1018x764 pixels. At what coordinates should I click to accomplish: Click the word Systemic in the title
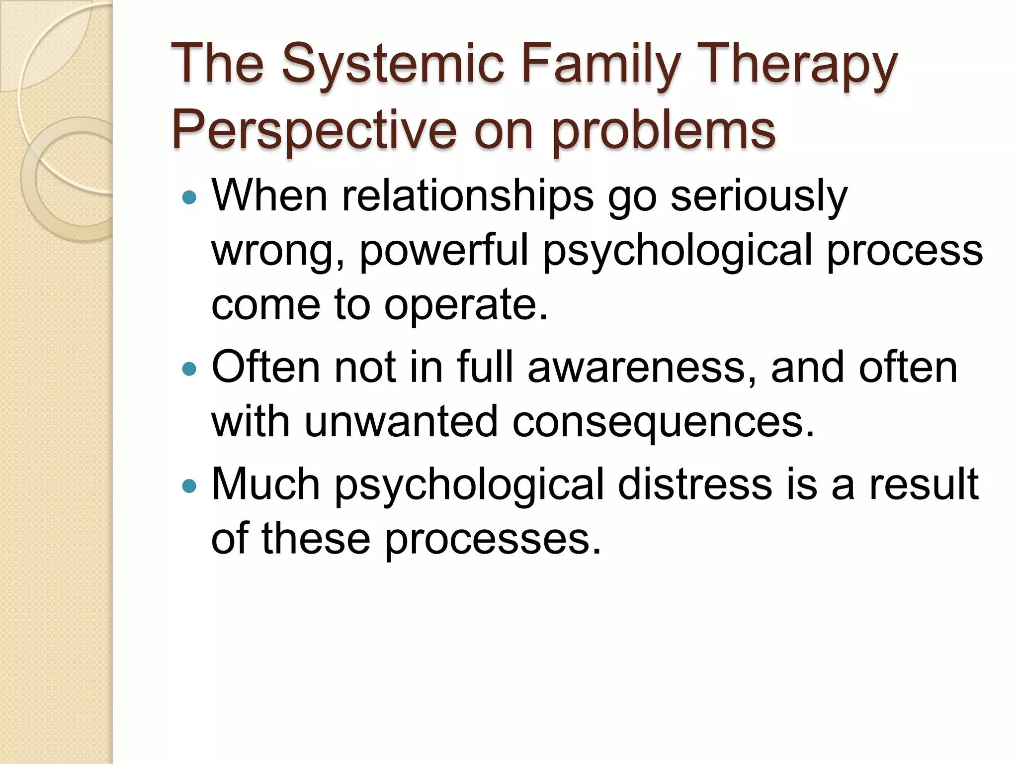393,65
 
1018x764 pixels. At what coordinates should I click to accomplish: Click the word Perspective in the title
314,130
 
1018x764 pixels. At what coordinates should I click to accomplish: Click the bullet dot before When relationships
190,198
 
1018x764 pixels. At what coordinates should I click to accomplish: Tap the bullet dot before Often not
190,369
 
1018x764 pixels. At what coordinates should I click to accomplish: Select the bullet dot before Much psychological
190,485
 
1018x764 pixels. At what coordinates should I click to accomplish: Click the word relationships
467,196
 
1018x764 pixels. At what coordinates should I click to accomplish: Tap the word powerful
444,251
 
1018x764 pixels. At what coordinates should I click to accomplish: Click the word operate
466,305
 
